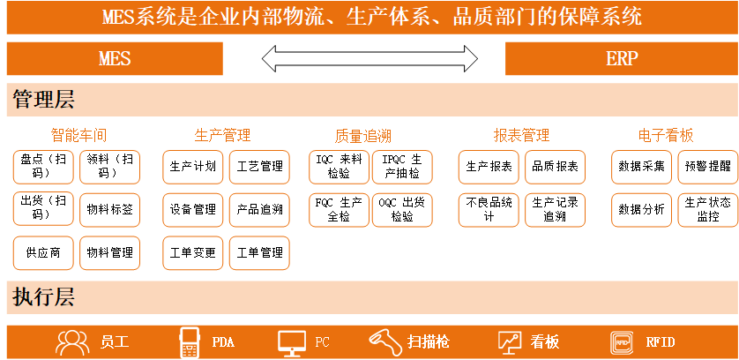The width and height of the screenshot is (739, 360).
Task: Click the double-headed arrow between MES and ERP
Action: (x=369, y=58)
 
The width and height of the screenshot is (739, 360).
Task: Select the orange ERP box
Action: (x=622, y=58)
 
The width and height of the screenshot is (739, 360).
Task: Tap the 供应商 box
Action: (x=43, y=253)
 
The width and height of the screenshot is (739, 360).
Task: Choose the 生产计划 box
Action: (x=193, y=167)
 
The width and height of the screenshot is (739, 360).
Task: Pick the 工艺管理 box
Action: (x=259, y=167)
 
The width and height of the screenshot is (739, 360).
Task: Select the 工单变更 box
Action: (x=193, y=253)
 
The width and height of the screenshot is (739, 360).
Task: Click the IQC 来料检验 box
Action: (x=339, y=167)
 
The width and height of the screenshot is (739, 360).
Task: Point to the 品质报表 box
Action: (x=556, y=167)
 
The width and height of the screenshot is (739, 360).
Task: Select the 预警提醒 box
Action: (x=708, y=167)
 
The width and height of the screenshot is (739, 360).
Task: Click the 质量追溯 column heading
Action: (x=363, y=137)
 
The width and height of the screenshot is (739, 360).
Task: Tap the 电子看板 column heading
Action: (x=666, y=136)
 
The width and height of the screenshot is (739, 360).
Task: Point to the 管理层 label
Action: (x=43, y=100)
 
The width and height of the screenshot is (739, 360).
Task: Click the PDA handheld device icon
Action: (x=189, y=342)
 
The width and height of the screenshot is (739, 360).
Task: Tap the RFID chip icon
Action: (x=622, y=342)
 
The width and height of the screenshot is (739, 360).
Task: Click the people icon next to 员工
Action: (x=72, y=342)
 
